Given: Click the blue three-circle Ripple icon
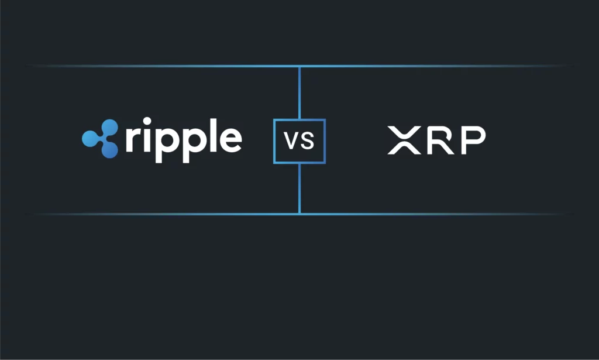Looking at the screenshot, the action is coord(101,138).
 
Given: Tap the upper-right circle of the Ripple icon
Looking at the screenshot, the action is coord(109,128).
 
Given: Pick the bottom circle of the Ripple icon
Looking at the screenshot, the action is coord(109,149).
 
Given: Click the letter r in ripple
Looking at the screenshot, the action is coord(132,139).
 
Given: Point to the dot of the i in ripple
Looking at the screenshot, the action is coord(147,122).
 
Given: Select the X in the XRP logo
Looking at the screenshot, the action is coord(404,140).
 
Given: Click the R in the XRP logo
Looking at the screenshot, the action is coord(441,140).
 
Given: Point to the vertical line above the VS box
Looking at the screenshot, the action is coord(299,93).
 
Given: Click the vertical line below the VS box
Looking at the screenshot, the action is coord(299,188).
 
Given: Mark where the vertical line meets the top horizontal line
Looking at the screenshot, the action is coord(299,66).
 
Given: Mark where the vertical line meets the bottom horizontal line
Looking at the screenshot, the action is coord(299,214).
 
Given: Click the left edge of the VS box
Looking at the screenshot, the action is coord(274,142).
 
